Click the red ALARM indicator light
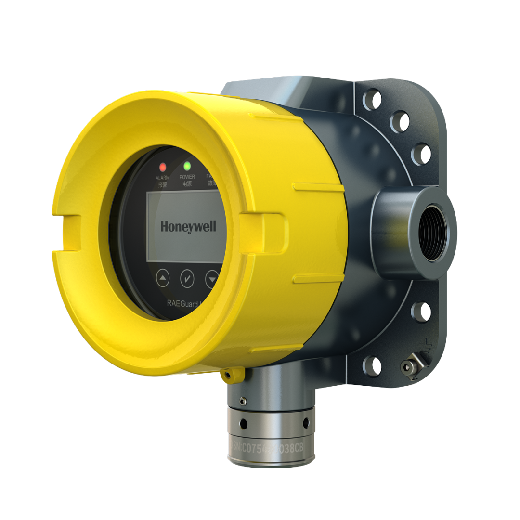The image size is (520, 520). coord(163,167)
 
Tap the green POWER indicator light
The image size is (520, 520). coord(187,166)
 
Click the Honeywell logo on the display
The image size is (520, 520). coord(188,226)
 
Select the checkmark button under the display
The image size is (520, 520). coord(187,278)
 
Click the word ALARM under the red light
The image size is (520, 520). coord(163,178)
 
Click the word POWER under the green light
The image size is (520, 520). coord(187,177)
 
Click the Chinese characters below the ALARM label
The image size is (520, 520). coord(163,184)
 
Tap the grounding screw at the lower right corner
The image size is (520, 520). coord(409,368)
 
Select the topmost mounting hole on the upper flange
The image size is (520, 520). coord(372,99)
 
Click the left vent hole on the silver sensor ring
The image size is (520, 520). coord(244,423)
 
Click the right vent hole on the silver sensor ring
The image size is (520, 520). coord(305,422)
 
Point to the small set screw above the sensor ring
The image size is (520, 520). coord(243,401)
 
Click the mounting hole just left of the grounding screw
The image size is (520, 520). coord(372,365)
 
